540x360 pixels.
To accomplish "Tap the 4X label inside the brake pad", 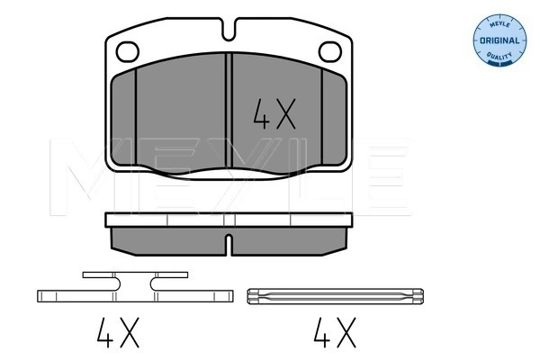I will (x=271, y=114).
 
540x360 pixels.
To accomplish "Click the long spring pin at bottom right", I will (x=333, y=294).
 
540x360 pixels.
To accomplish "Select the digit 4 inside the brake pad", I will (x=258, y=114).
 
